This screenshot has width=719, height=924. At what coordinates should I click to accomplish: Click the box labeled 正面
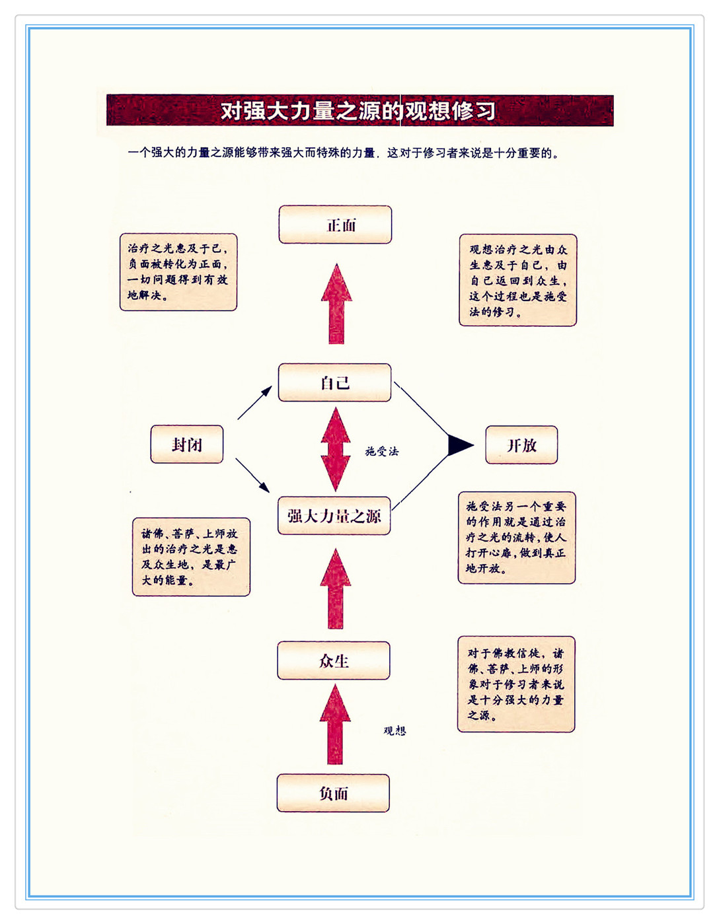click(335, 225)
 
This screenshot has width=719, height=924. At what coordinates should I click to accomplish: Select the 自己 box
click(334, 382)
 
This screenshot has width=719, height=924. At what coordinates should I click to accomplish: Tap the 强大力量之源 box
click(334, 516)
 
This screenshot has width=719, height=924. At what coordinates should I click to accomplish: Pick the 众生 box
click(334, 660)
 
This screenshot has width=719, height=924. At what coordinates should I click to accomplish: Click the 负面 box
click(333, 793)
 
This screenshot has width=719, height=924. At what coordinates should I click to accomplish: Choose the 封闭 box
click(187, 444)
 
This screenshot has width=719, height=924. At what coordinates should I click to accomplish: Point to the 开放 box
click(521, 445)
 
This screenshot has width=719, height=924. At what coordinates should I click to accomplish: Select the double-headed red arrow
click(336, 449)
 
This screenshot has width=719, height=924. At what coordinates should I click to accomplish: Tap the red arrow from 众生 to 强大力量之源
click(335, 589)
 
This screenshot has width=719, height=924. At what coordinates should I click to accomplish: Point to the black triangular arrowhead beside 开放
click(459, 445)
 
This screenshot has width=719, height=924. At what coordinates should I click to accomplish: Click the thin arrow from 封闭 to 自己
click(254, 403)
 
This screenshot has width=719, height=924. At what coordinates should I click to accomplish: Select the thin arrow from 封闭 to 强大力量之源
click(252, 475)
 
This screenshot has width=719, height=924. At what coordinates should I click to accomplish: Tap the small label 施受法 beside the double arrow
click(382, 451)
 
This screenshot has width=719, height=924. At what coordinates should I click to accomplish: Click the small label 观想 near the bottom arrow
click(395, 730)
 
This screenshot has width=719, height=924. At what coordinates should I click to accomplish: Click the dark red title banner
click(359, 110)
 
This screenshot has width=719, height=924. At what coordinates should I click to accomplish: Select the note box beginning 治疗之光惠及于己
click(178, 272)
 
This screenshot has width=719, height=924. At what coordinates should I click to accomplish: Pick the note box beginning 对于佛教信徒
click(516, 684)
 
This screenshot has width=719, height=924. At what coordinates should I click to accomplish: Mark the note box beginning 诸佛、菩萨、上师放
click(191, 557)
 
